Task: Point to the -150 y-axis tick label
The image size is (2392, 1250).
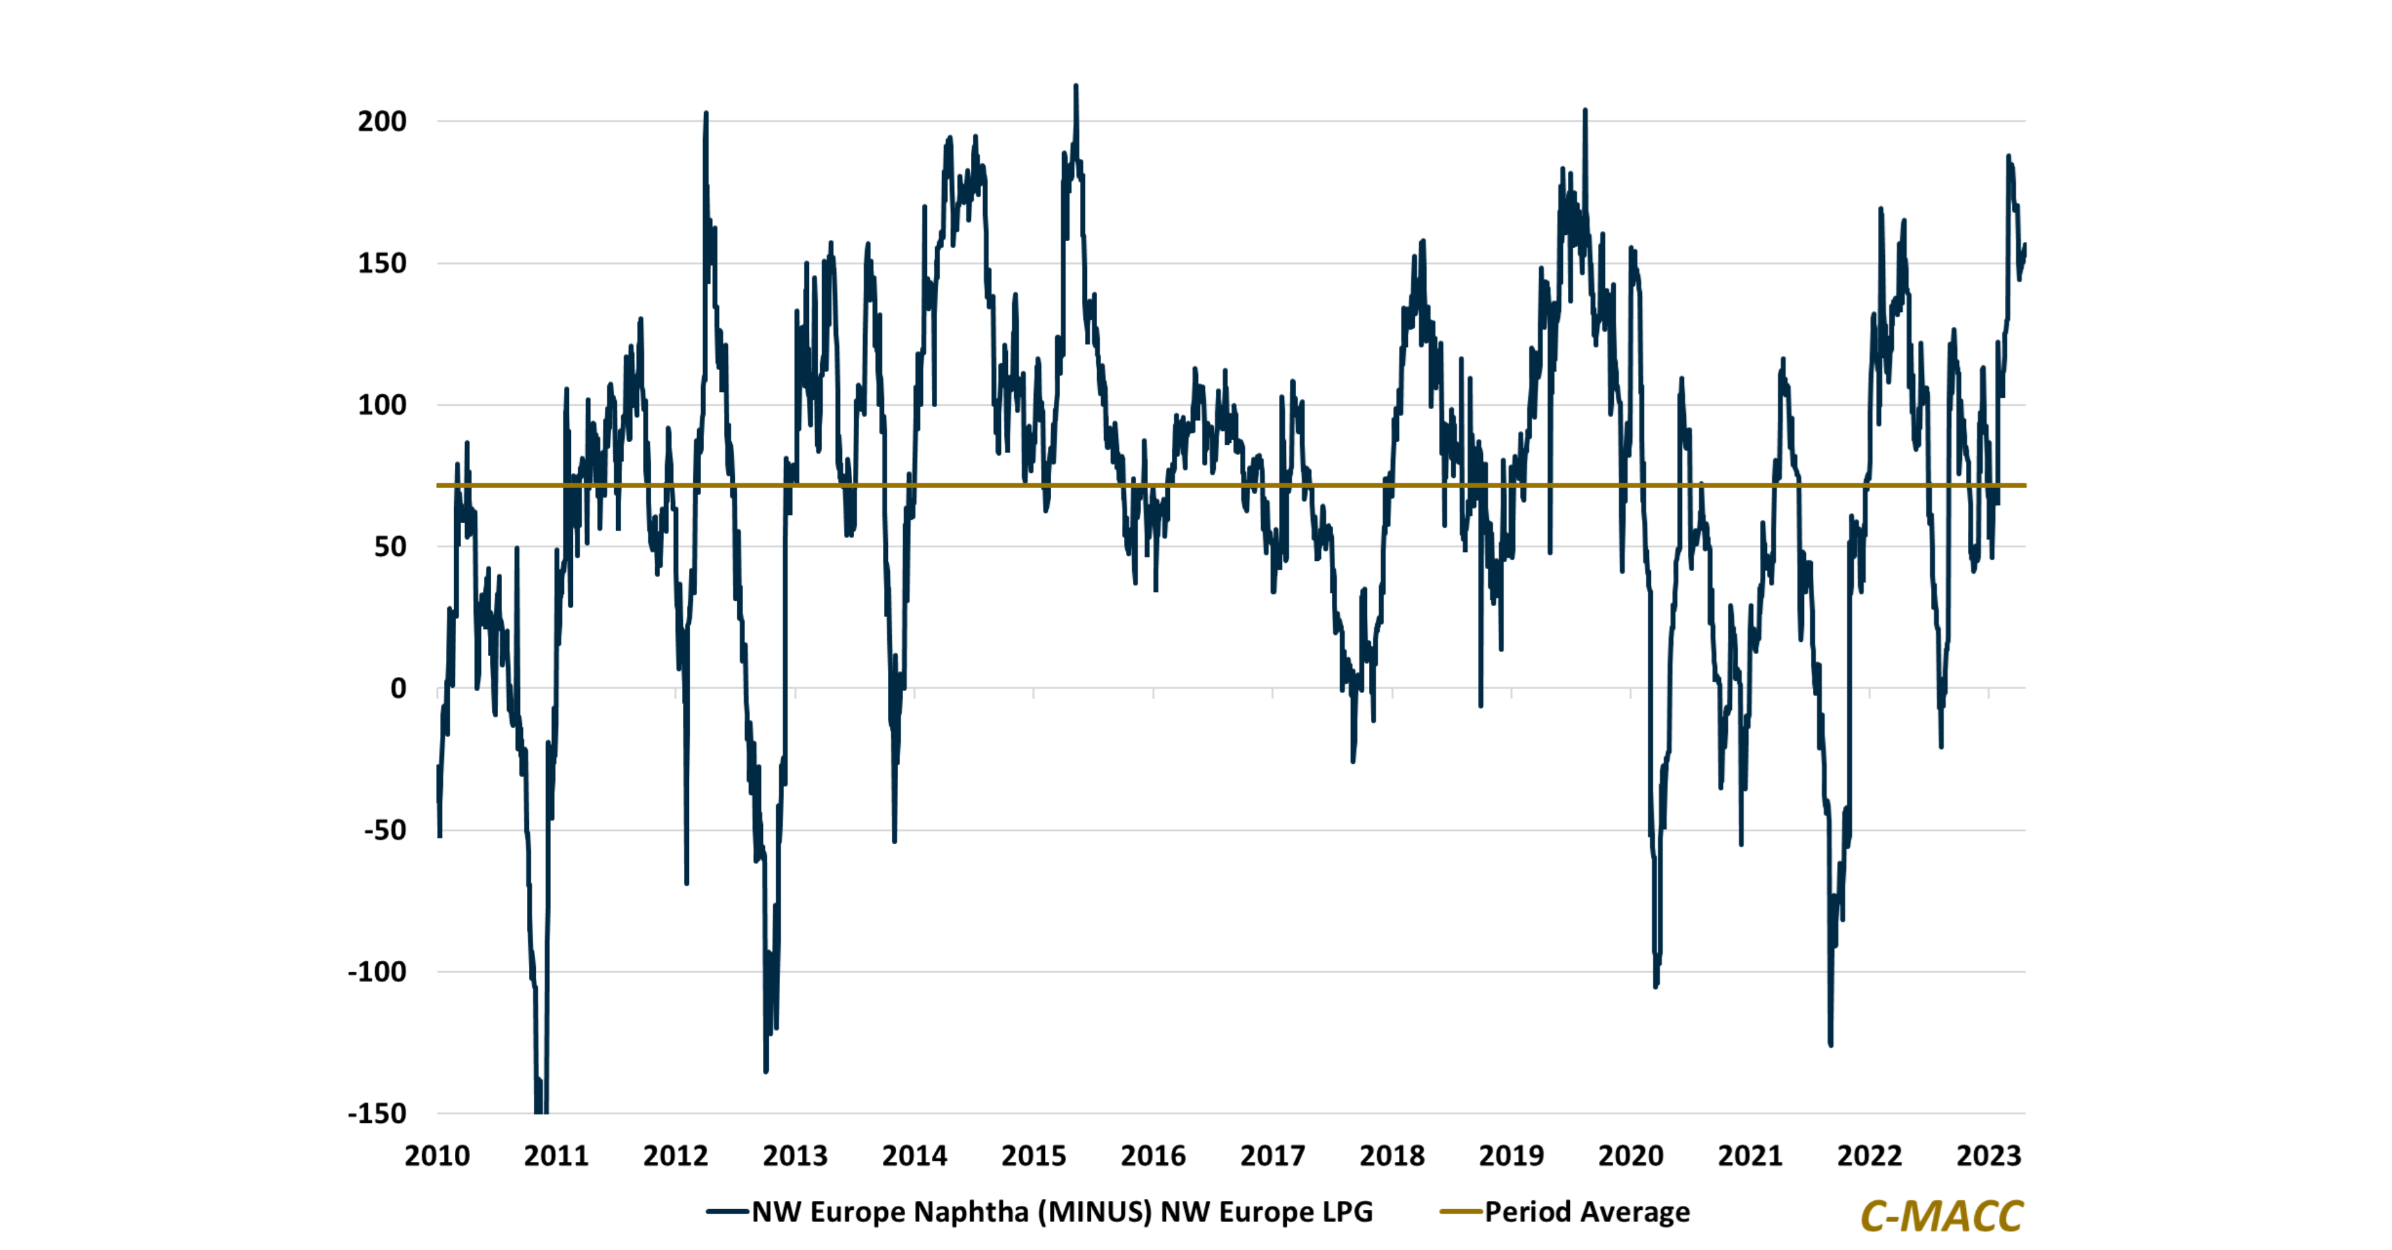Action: tap(376, 1113)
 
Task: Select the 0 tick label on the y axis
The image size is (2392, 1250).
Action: tap(399, 689)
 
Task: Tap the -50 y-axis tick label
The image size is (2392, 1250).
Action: tap(385, 830)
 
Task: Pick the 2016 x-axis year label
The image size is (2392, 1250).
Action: tap(1153, 1156)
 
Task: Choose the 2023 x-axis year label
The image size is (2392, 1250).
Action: tap(1988, 1156)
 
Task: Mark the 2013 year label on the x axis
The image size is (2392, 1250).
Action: tap(795, 1156)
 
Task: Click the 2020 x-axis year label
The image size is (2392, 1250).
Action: tap(1630, 1156)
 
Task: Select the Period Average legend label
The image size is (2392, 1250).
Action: tap(1587, 1212)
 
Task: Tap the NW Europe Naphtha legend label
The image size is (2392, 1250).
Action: tap(1061, 1212)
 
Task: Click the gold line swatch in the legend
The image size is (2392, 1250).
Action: tap(1461, 1212)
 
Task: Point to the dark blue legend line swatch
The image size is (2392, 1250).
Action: tap(727, 1212)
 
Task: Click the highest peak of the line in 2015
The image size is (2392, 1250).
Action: tap(1075, 86)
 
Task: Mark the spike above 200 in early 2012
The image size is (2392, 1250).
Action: tap(705, 114)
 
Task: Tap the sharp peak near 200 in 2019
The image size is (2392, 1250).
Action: tap(1585, 110)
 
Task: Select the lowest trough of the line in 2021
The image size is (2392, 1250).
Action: tap(1830, 1045)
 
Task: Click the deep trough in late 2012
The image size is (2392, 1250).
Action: tap(766, 1071)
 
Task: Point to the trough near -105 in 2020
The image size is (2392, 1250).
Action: tap(1656, 986)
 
